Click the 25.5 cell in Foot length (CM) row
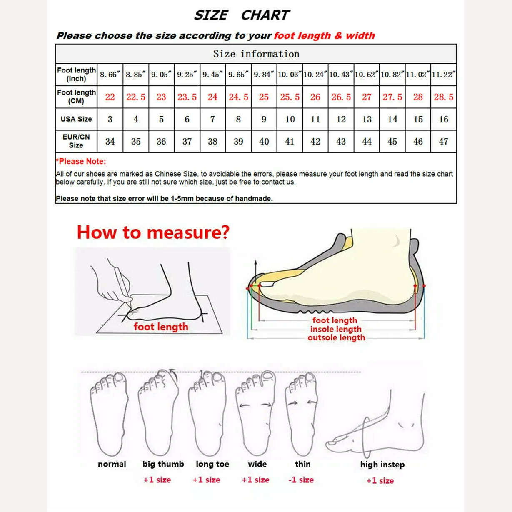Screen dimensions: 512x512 pos(290,97)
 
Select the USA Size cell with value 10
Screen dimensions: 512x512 pos(290,119)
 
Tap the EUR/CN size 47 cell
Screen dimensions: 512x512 pos(443,141)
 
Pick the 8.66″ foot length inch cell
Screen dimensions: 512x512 pos(110,75)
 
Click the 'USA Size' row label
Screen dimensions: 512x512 pos(76,119)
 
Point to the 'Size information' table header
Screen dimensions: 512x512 pos(256,54)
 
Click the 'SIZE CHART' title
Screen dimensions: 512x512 pos(241,15)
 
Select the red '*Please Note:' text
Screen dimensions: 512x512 pos(81,161)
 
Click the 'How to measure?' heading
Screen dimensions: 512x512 pos(153,232)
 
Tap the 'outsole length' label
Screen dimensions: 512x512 pos(336,338)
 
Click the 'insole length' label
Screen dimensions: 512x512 pos(335,329)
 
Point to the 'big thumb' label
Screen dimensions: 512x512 pos(163,464)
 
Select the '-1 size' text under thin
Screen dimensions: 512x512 pos(301,480)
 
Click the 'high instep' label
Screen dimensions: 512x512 pos(382,465)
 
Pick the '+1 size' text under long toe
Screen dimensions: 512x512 pos(206,480)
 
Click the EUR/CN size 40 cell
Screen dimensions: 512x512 pos(264,141)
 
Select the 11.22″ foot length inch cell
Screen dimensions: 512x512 pos(443,75)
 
